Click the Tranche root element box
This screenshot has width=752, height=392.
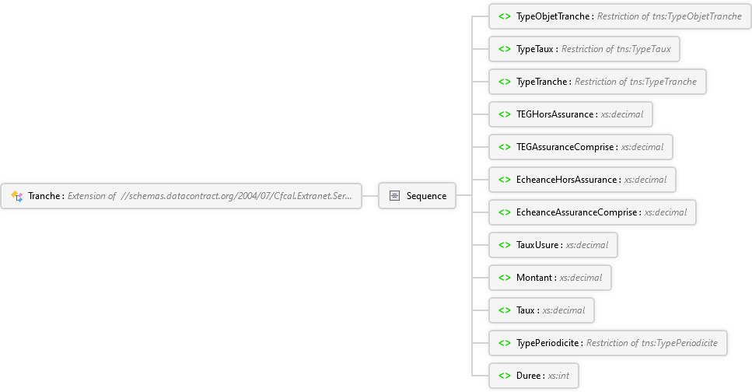(182, 196)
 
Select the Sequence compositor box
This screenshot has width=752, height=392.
(417, 196)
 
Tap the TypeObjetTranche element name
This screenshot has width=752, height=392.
(554, 16)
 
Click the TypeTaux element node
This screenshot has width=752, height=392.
(583, 49)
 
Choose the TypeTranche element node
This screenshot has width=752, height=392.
(596, 82)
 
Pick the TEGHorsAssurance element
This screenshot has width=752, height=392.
(570, 114)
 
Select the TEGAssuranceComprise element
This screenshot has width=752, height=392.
(579, 147)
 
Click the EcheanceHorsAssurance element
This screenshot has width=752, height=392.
(582, 180)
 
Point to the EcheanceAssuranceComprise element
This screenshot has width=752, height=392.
(592, 212)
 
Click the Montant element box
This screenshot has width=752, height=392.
(549, 278)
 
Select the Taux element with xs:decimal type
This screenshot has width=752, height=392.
(541, 310)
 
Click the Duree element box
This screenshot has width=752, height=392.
(533, 376)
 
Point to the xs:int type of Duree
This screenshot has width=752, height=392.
(558, 376)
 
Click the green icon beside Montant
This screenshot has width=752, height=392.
(504, 278)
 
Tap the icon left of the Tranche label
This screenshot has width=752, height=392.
(16, 196)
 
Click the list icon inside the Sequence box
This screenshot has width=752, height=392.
(394, 196)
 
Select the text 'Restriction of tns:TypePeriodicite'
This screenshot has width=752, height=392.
(656, 343)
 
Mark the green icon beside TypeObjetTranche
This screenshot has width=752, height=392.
(504, 16)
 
